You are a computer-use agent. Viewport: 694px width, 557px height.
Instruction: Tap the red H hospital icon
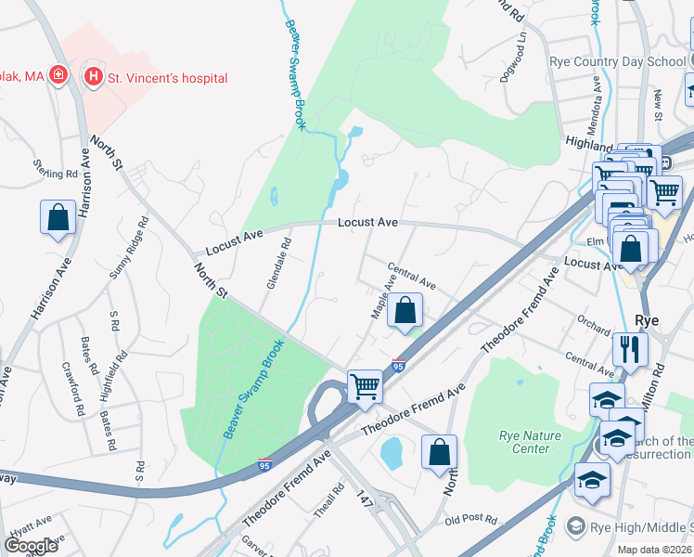point(93,77)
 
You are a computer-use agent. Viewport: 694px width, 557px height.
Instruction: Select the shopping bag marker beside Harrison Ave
point(58,219)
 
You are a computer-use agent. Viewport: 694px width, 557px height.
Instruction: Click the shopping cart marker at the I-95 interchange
point(365,386)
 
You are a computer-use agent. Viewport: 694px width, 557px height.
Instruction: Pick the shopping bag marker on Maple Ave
point(405,311)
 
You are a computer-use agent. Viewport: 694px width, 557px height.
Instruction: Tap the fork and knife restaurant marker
point(630,350)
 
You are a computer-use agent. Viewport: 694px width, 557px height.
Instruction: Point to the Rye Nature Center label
point(530,442)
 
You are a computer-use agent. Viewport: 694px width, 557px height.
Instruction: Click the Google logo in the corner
point(30,545)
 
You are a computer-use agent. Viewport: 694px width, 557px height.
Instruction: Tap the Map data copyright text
point(654,550)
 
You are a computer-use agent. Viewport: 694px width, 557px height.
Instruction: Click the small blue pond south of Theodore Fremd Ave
point(391,452)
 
